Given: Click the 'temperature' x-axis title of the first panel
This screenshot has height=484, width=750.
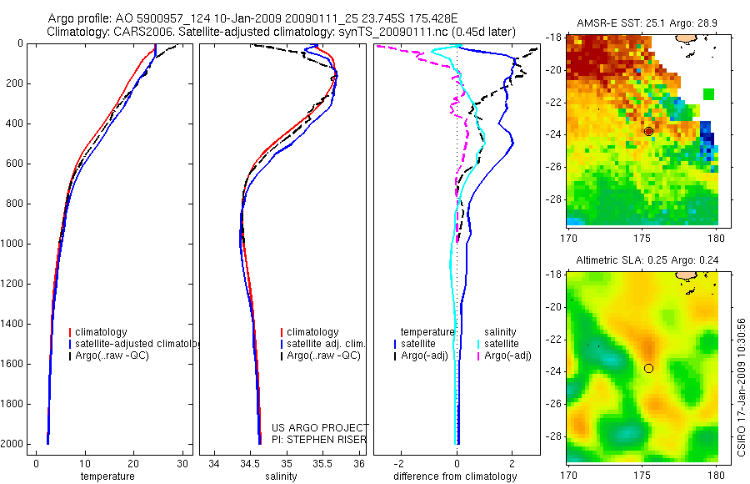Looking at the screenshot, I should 107,476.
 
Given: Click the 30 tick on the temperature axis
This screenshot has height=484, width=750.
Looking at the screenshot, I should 182,464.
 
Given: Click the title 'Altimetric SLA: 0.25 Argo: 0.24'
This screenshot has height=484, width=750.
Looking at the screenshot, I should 642,260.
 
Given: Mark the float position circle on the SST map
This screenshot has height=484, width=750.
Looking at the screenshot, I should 648,131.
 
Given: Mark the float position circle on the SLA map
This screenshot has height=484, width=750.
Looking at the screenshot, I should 648,368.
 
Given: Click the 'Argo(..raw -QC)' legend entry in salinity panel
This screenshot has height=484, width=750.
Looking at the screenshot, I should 323,355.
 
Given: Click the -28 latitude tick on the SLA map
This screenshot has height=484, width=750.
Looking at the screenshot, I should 550,436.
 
